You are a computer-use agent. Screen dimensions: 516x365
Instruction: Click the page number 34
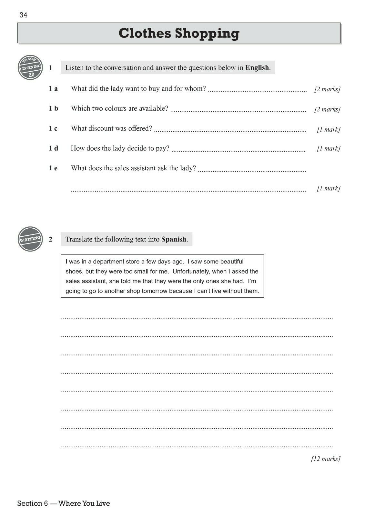23,15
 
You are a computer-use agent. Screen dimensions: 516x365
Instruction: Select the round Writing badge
31,239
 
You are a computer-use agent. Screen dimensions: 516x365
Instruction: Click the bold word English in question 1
257,68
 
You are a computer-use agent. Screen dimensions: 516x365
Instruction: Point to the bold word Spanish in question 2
174,239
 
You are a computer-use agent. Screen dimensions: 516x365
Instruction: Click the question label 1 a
53,89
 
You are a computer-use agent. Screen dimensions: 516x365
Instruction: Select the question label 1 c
53,128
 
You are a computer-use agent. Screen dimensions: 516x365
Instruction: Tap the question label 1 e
53,168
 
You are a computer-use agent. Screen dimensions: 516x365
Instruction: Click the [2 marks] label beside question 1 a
327,89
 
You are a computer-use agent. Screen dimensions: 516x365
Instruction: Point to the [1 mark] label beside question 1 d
329,149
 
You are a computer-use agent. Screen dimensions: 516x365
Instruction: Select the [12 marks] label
326,459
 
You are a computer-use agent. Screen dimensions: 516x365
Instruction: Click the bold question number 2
51,239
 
